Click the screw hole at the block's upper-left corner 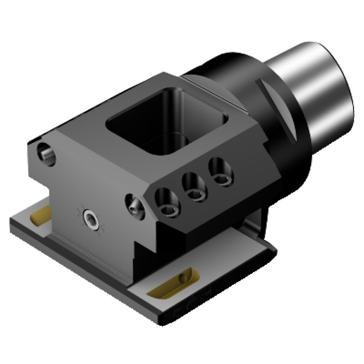[x=46, y=154]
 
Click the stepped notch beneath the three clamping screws [x=145, y=247]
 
